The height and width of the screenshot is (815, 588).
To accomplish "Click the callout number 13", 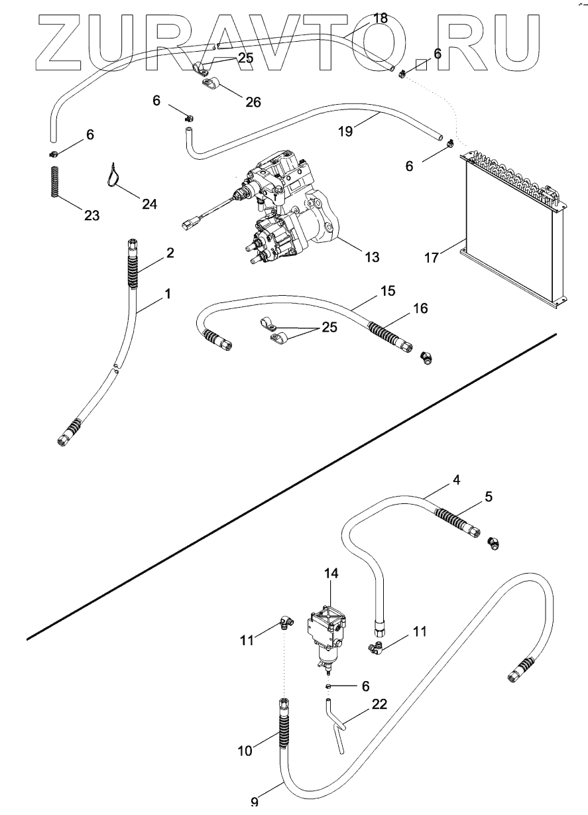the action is [x=372, y=257].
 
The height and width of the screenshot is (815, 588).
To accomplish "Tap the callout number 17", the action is [x=432, y=258].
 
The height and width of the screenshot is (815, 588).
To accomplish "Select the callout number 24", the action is [x=149, y=204].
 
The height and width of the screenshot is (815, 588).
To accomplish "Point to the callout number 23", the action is [x=91, y=216].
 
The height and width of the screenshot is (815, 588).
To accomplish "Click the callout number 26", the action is [x=253, y=102].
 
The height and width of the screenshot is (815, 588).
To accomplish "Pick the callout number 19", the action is [x=345, y=131].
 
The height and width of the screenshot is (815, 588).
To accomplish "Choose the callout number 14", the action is [x=331, y=574].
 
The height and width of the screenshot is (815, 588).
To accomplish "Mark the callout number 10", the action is [x=245, y=751].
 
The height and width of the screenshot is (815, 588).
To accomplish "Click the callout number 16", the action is [x=420, y=308].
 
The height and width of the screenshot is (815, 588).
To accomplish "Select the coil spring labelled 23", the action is [x=54, y=182].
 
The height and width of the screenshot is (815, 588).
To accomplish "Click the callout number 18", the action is [x=380, y=17].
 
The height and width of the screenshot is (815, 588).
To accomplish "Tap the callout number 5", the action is [x=489, y=496].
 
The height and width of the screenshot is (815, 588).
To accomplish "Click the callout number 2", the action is [x=170, y=253].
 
